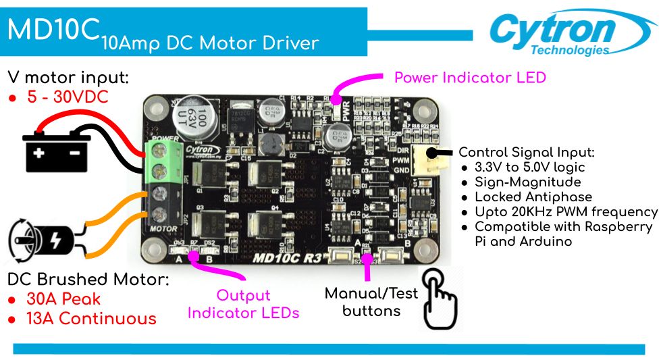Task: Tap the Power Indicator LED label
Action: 470,78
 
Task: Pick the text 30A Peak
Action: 63,299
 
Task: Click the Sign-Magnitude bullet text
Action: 527,182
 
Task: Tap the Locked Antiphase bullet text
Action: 533,197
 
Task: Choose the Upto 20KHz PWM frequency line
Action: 566,212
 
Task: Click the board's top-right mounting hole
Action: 423,109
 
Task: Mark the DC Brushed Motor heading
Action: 88,280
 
